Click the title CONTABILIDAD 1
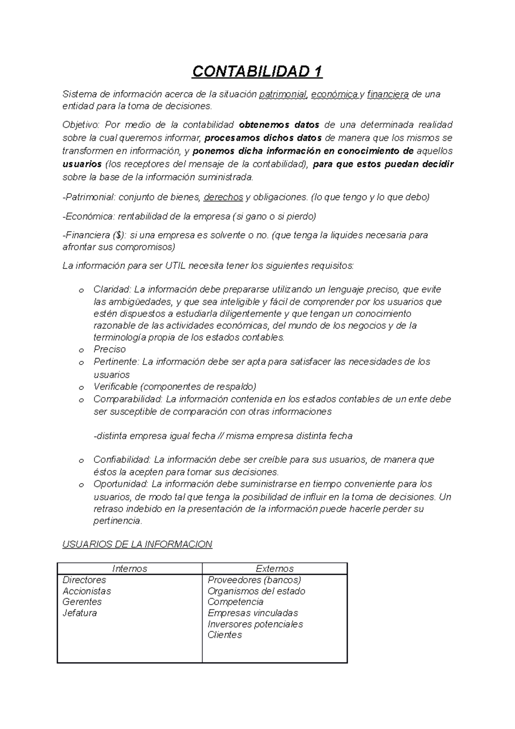point(257,71)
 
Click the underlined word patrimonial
point(282,94)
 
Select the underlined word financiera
point(388,94)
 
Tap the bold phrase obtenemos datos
point(279,125)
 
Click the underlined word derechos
point(223,197)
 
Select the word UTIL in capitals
point(175,266)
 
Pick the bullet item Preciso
point(109,349)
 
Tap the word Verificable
point(115,386)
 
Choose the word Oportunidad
point(120,484)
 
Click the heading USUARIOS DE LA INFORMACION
point(137,544)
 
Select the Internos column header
point(130,569)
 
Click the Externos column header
point(275,569)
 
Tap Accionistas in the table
point(87,591)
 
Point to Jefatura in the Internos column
point(80,613)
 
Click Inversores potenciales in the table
point(255,624)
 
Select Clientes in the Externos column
point(225,635)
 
